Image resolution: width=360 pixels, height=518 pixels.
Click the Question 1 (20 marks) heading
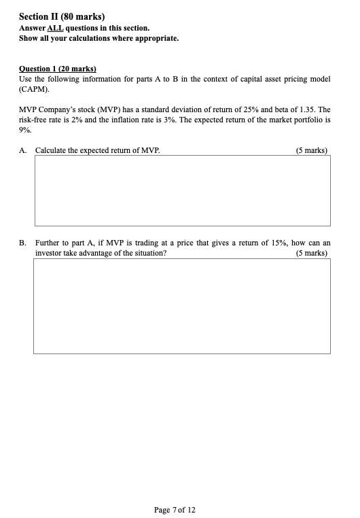(58, 69)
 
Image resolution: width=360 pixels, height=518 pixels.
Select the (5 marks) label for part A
(312, 150)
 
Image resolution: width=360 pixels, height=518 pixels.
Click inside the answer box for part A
(182, 191)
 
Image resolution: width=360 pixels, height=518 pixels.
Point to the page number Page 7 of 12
(175, 509)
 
